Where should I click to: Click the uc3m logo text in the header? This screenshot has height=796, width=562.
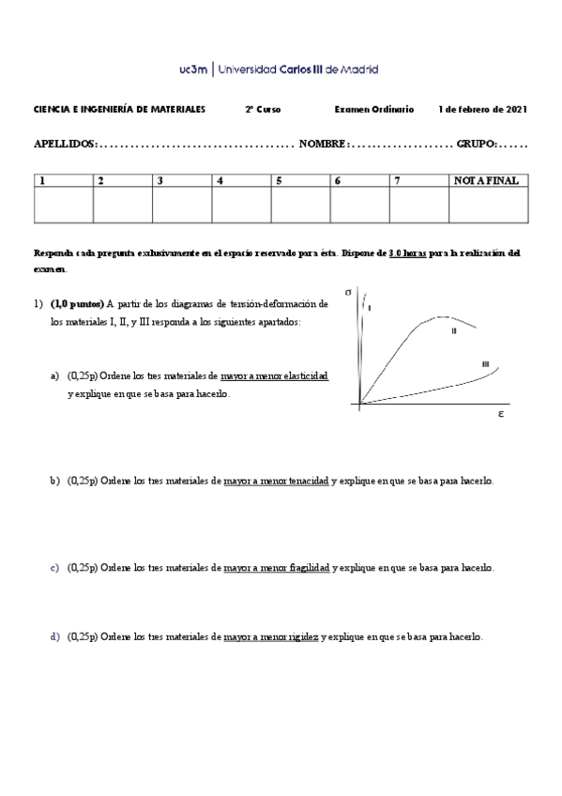point(194,69)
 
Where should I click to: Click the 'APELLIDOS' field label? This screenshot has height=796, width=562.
point(64,145)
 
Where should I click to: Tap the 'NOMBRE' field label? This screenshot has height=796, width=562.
point(323,145)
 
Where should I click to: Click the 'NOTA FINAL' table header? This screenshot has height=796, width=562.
point(485,180)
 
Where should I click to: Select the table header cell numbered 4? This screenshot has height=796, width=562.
point(220,180)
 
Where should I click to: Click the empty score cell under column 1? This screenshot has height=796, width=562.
point(63,205)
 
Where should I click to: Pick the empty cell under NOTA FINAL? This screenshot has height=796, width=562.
point(487,205)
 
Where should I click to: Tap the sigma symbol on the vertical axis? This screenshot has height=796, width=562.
point(349,292)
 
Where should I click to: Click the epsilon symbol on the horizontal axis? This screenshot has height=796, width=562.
point(502,412)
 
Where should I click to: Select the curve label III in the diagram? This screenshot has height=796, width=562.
point(485,363)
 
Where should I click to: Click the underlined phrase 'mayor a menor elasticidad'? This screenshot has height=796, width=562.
point(274,375)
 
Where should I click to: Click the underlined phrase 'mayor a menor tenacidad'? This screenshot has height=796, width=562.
point(276,481)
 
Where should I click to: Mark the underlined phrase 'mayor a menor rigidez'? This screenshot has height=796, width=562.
point(271,636)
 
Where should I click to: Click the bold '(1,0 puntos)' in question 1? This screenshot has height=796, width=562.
point(77,303)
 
